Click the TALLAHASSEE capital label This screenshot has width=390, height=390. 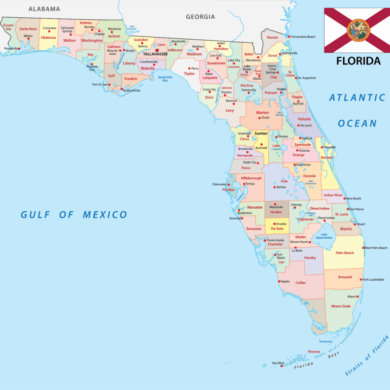(x=155, y=53)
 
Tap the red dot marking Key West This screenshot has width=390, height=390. (x=281, y=366)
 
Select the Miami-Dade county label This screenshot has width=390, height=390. (x=341, y=306)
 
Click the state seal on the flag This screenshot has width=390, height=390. (x=357, y=30)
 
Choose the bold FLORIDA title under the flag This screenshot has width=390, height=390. (x=358, y=61)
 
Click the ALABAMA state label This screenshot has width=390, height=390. (x=44, y=9)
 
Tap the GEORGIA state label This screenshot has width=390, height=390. (x=200, y=17)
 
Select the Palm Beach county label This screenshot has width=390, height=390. (x=344, y=253)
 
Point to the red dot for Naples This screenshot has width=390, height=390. (x=279, y=281)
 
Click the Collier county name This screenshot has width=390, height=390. (x=301, y=282)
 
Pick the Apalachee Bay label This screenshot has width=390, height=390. (x=165, y=79)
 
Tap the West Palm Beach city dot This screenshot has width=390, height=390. (x=364, y=248)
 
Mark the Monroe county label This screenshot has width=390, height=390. (x=314, y=351)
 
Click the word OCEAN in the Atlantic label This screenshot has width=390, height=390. (x=357, y=123)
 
